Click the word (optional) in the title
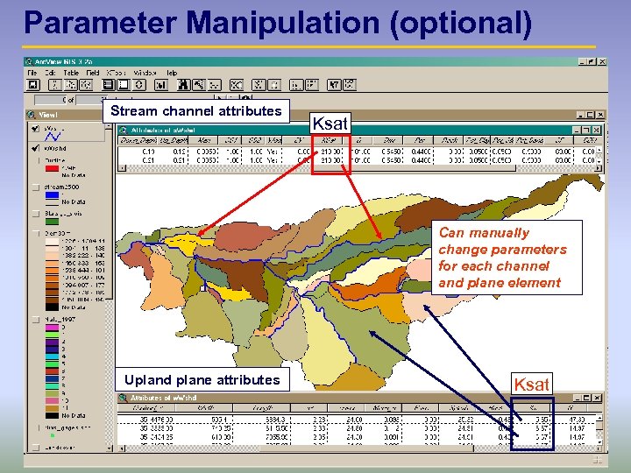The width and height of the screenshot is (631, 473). point(464,24)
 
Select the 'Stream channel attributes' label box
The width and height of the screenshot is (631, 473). point(196,111)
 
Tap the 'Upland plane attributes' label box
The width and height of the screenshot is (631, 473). point(202,379)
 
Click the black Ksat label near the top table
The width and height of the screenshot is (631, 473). point(330,124)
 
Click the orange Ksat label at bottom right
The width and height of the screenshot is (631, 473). point(532,384)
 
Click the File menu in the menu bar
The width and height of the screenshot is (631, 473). point(39,73)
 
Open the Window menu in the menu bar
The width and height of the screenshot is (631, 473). point(145,73)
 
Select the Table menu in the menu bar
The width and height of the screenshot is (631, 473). point(71,73)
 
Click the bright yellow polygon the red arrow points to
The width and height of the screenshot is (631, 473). point(181,242)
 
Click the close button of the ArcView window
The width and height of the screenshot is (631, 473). point(602,61)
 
